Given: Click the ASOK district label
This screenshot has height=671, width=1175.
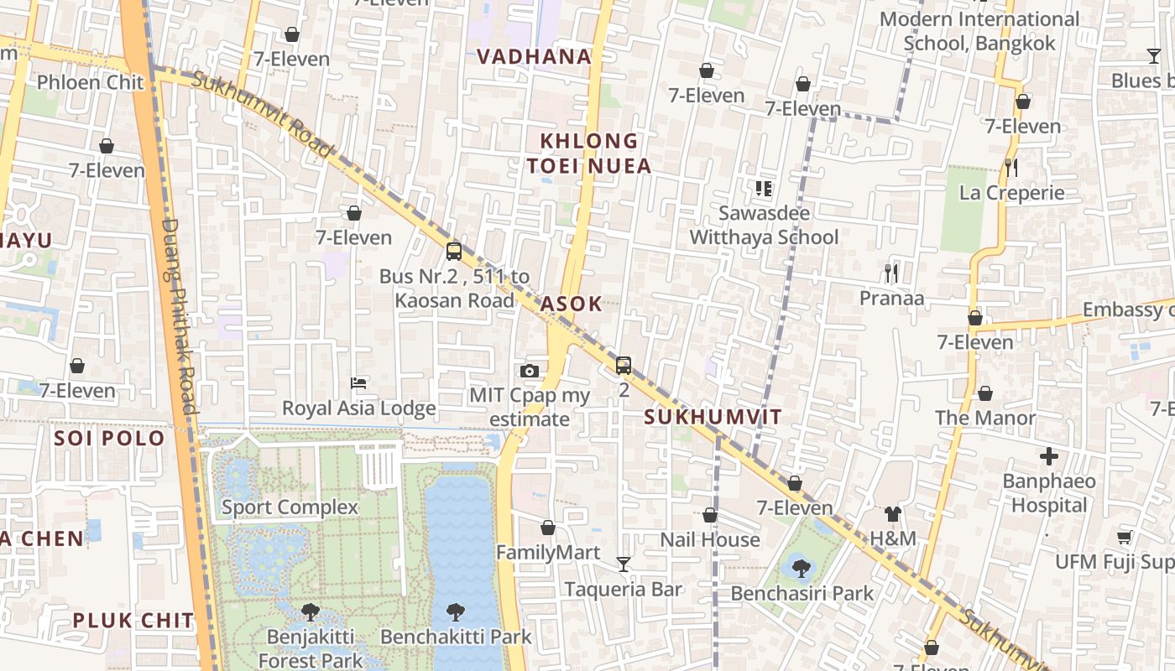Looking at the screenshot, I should [x=572, y=304].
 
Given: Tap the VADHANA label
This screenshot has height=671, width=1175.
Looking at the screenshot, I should [x=535, y=57].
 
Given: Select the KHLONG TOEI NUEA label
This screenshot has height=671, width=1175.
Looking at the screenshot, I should [x=589, y=153].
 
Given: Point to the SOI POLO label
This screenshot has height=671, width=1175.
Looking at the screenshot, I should [x=109, y=438].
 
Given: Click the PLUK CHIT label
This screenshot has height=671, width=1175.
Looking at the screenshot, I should [x=133, y=621].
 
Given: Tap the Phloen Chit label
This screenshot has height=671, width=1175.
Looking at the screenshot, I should [x=91, y=82].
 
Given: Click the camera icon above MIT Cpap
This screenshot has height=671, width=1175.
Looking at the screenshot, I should [x=529, y=371].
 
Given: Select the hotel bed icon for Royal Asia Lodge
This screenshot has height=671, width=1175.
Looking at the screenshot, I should [x=358, y=383].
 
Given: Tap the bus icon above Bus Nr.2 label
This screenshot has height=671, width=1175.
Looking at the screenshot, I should [x=454, y=251].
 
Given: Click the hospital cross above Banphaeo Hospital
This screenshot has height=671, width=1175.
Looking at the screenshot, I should [x=1049, y=457].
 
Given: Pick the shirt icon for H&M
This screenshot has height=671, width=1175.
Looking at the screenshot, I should [x=892, y=514].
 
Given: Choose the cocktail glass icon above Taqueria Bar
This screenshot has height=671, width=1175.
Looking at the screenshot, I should [x=623, y=564].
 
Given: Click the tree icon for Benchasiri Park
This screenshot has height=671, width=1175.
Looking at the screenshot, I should [x=802, y=568].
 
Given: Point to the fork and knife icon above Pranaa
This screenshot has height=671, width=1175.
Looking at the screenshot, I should [x=891, y=273].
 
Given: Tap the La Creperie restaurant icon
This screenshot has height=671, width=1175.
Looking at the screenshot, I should [x=1011, y=168].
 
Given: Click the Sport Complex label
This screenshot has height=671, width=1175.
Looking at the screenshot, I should [x=290, y=507].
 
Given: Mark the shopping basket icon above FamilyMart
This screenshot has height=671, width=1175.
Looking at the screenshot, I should [x=548, y=528].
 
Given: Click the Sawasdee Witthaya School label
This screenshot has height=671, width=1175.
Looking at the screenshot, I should [x=764, y=226].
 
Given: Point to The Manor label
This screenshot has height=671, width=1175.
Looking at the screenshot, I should [x=985, y=418].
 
